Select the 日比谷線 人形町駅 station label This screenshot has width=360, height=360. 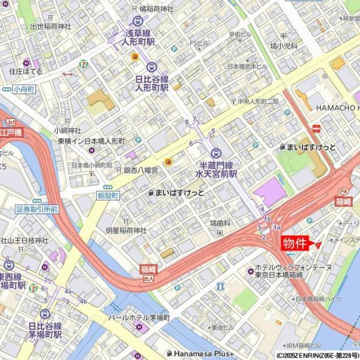(151, 82)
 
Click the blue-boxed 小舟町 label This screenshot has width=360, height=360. (23, 89)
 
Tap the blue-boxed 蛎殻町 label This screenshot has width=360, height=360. (108, 196)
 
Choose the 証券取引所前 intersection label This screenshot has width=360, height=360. (37, 209)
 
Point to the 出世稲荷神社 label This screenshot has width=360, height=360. (50, 26)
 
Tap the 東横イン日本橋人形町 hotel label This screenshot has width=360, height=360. (91, 141)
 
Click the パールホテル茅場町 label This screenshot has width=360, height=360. (139, 317)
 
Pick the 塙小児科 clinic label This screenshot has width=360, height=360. (284, 46)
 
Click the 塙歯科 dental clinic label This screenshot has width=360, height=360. (220, 223)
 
